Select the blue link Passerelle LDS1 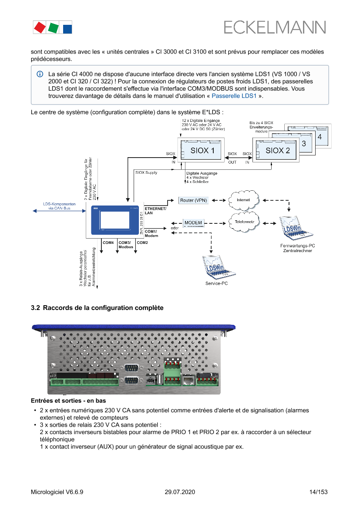click(234, 96)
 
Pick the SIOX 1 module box click(202, 150)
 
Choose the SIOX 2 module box click(276, 150)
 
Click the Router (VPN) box click(194, 200)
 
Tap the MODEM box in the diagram click(193, 223)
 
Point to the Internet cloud click(243, 200)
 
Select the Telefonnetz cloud click(244, 222)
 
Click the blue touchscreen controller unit click(115, 221)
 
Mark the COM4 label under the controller click(108, 242)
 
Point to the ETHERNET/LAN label click(155, 211)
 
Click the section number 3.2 click(35, 308)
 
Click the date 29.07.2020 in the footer click(180, 492)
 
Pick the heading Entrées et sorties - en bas click(68, 400)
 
